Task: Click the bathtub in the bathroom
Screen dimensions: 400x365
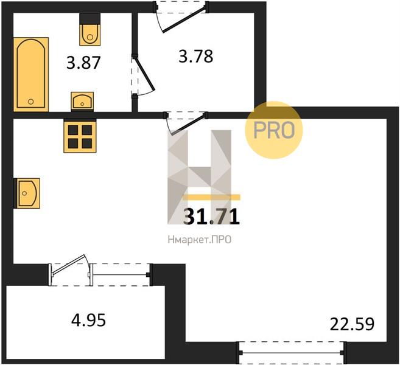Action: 31,74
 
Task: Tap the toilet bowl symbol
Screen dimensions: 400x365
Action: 89,35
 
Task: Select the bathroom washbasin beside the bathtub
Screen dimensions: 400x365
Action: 82,101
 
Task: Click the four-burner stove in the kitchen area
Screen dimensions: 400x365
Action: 80,137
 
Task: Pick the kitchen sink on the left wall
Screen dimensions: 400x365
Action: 27,193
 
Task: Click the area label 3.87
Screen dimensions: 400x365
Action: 83,63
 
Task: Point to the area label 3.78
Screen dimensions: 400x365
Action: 195,57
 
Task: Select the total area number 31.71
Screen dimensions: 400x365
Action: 211,217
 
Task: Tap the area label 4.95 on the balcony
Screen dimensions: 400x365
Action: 88,320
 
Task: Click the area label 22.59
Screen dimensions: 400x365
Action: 353,324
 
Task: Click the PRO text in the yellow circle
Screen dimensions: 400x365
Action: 274,130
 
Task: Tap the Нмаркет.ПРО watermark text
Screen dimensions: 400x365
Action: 200,240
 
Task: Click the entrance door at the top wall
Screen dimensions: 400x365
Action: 184,19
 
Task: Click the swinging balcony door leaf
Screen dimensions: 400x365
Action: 68,265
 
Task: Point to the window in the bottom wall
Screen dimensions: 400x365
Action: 291,352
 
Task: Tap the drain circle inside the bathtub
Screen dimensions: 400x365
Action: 31,102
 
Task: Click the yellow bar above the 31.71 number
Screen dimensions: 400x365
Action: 211,197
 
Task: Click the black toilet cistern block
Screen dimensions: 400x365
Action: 89,19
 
